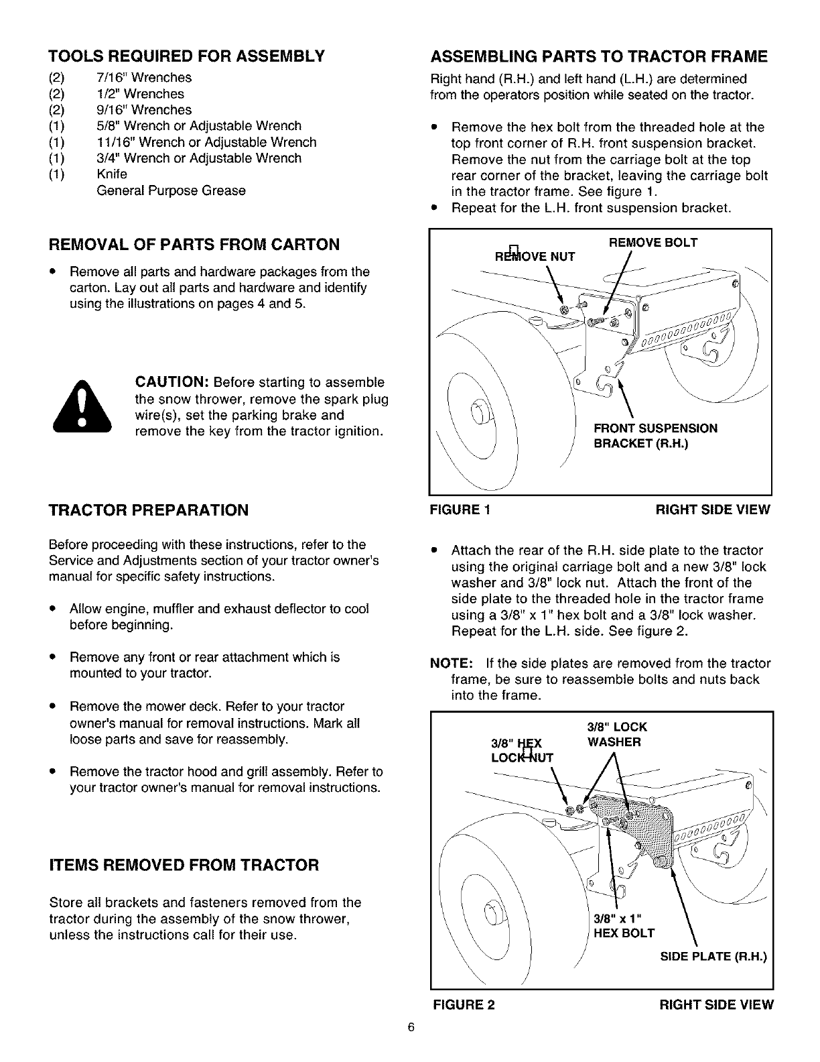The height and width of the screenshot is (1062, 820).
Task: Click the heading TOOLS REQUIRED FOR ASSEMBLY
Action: (x=186, y=55)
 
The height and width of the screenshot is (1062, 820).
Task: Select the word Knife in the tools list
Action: (x=112, y=174)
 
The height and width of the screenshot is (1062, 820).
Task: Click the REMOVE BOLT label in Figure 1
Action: (x=653, y=243)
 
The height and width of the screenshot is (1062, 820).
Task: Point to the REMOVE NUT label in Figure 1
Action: (x=534, y=255)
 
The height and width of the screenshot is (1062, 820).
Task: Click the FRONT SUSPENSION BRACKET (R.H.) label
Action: (x=655, y=436)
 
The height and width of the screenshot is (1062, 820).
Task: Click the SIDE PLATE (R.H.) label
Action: (x=713, y=955)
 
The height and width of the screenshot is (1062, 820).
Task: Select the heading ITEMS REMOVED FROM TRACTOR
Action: (x=184, y=865)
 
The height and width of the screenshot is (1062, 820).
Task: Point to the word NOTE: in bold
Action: (x=452, y=664)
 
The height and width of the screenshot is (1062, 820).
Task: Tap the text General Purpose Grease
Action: (x=172, y=190)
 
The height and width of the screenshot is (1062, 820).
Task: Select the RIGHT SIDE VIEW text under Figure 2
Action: (x=716, y=1004)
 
